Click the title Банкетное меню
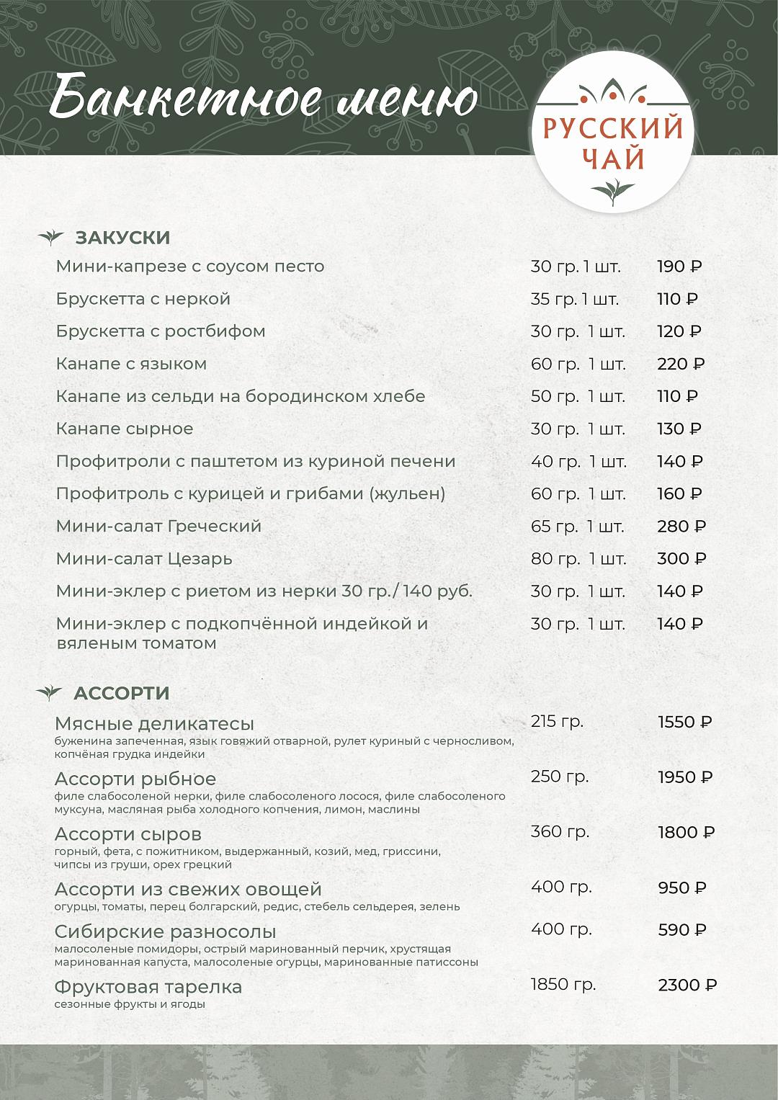(x=264, y=99)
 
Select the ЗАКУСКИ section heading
(x=122, y=238)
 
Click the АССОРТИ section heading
(x=122, y=693)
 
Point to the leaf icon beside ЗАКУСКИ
(x=50, y=237)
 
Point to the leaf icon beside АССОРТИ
(x=49, y=693)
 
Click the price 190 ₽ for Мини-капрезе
(x=679, y=267)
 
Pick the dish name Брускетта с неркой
(x=143, y=299)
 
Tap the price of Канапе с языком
(x=681, y=364)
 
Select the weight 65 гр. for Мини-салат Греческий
(x=554, y=527)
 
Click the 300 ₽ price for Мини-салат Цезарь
(x=681, y=559)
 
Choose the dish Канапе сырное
(x=125, y=429)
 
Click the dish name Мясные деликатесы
(x=154, y=723)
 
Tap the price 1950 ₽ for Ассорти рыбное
(x=685, y=777)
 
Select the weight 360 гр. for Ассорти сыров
(x=560, y=832)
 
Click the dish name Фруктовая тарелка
(x=148, y=986)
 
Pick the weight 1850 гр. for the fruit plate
(x=563, y=985)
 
